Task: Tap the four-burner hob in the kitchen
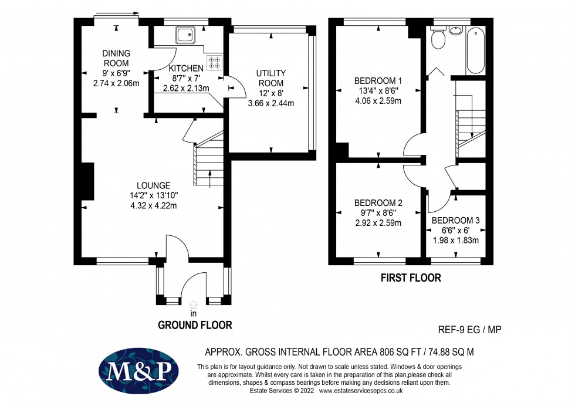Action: [214, 62]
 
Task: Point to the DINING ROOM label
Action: [116, 58]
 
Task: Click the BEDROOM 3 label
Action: [455, 221]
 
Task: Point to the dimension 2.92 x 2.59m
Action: [378, 223]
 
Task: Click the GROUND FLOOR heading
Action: [195, 325]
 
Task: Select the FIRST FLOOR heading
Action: [411, 278]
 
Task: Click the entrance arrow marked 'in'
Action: [194, 304]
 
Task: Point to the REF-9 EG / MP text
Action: [470, 330]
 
